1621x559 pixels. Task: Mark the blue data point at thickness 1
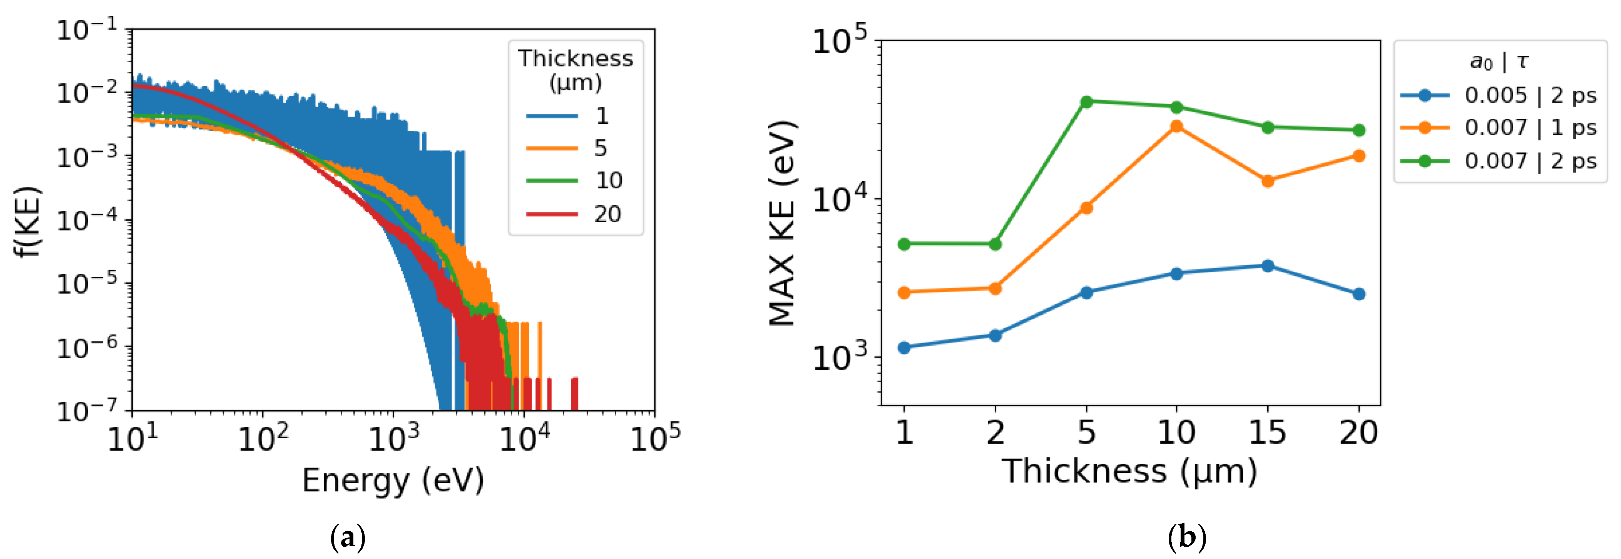click(x=904, y=348)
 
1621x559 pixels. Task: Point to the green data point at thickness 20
click(x=1358, y=130)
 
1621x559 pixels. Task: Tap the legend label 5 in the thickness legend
click(x=601, y=148)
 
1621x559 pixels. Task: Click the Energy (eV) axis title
click(x=393, y=481)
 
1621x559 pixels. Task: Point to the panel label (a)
click(x=347, y=537)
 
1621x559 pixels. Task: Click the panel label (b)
click(x=1187, y=537)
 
